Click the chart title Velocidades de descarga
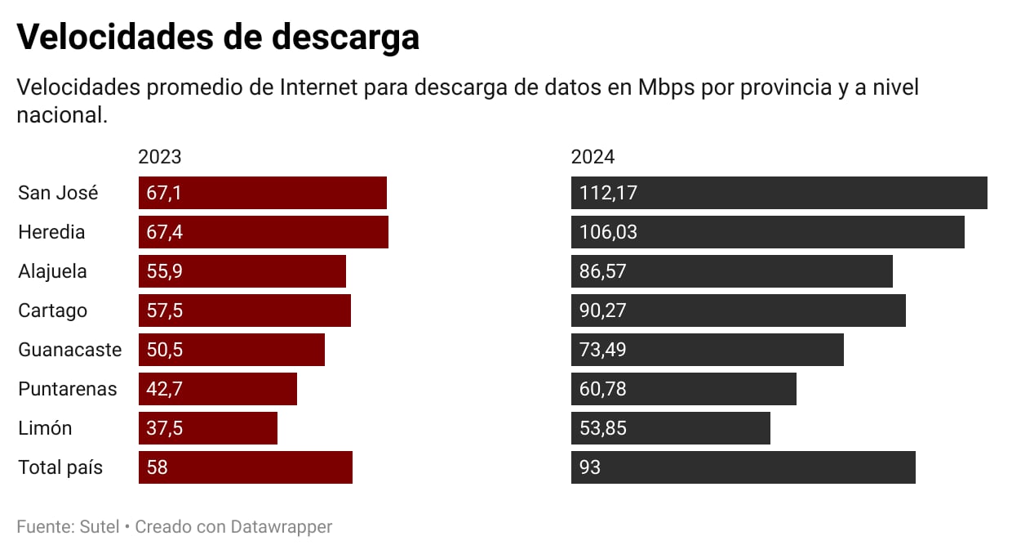coord(218,37)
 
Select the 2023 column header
coord(160,157)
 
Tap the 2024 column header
coord(593,157)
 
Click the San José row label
coord(58,193)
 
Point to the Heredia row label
coord(51,232)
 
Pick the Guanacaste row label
coord(69,350)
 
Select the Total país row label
coord(60,467)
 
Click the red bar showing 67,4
coord(264,232)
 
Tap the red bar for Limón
coord(208,428)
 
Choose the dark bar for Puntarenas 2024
coord(683,389)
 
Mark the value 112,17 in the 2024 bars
coord(608,193)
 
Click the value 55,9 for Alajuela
coord(165,271)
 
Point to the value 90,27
coord(603,311)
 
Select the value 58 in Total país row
coord(158,467)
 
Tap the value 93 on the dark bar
coord(590,467)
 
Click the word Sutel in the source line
coord(99,527)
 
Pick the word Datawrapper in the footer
coord(281,527)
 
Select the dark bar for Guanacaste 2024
coord(707,350)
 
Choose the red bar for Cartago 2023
coord(245,311)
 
